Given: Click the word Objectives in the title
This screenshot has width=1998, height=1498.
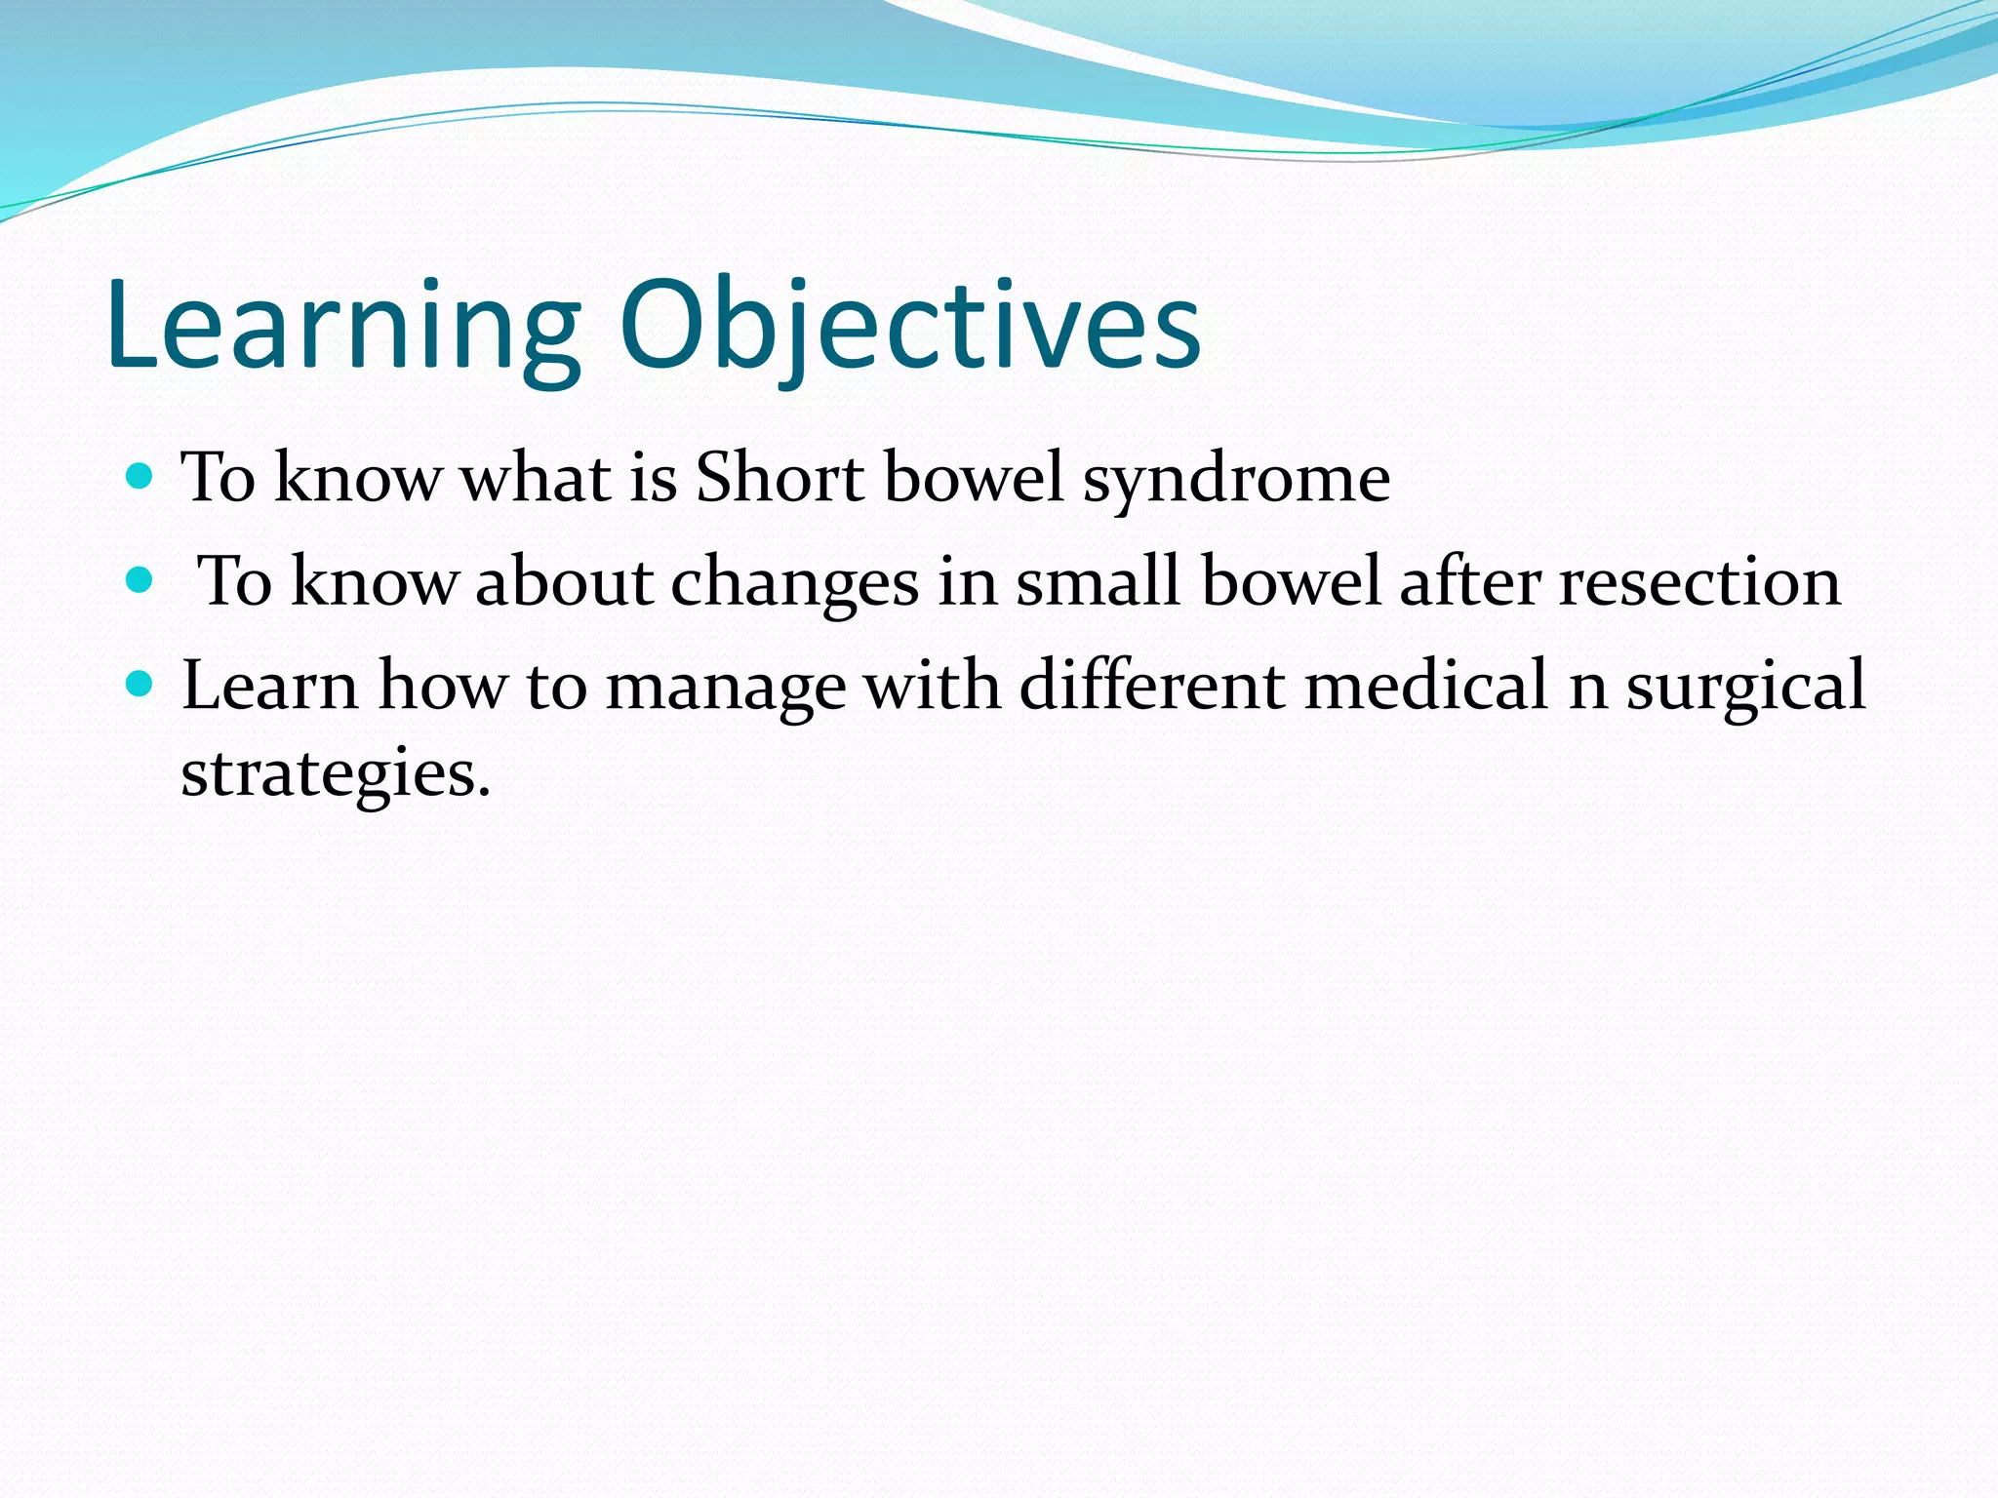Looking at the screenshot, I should coord(909,327).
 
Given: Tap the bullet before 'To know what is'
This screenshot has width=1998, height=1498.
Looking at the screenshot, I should coord(140,477).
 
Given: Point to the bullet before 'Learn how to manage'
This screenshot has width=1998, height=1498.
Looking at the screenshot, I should coord(140,685).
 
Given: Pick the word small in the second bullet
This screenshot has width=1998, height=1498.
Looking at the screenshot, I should coord(1098,582).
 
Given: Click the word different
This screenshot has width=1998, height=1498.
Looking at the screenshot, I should coord(1151,685).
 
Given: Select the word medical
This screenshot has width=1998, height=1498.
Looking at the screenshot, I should coord(1426,685).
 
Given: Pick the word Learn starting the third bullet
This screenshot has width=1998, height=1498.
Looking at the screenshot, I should coord(270,685).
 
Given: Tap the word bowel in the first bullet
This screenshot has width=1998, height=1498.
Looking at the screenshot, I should coord(973,478).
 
